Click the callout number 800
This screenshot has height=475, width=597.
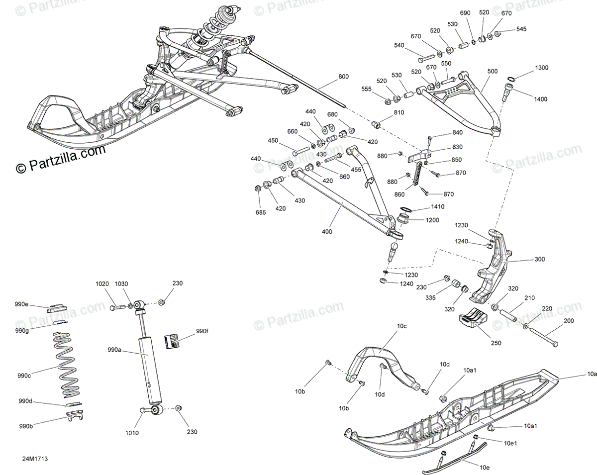[x=344, y=77]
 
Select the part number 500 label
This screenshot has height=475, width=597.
[x=493, y=72]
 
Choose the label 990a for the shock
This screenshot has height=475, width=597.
[x=114, y=350]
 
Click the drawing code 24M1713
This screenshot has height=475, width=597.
[x=31, y=461]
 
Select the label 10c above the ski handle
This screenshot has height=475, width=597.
[x=401, y=326]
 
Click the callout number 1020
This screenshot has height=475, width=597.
[x=102, y=284]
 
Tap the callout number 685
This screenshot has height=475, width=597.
[x=261, y=212]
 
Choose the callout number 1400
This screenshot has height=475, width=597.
[x=540, y=99]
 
